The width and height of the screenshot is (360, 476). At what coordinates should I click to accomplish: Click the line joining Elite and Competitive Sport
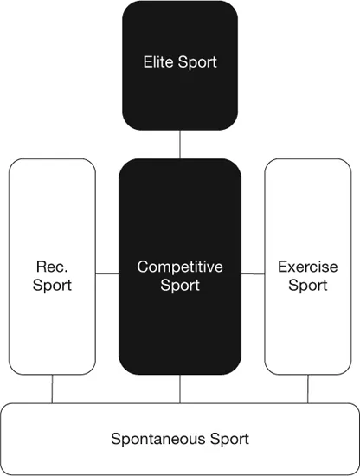[180, 145]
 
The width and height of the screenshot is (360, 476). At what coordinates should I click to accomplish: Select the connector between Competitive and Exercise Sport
[252, 273]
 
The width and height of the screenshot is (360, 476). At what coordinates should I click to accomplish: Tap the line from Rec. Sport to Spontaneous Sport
[52, 389]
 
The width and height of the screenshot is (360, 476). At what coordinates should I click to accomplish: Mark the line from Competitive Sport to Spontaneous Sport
[180, 389]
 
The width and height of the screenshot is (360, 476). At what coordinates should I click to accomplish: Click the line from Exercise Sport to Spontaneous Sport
[307, 389]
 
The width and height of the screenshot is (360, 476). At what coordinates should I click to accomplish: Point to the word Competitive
[180, 267]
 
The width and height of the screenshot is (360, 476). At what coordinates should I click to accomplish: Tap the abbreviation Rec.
[52, 267]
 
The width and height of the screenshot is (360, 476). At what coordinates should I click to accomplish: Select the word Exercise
[307, 267]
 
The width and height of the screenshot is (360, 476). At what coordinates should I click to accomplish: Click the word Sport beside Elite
[198, 62]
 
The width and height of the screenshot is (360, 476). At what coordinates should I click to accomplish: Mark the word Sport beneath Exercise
[307, 285]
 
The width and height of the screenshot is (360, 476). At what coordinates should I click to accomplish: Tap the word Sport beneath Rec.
[52, 285]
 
